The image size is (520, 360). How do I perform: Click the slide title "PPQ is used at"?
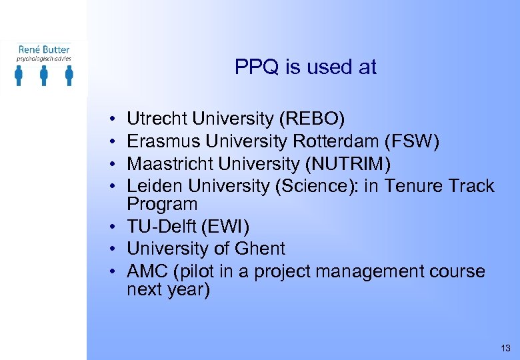(x=305, y=67)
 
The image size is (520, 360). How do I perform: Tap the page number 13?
(x=505, y=348)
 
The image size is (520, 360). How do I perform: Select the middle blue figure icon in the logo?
(x=44, y=75)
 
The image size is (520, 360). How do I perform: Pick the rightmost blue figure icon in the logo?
(x=69, y=75)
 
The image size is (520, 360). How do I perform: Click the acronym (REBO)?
(x=312, y=119)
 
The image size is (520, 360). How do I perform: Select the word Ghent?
(x=257, y=249)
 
